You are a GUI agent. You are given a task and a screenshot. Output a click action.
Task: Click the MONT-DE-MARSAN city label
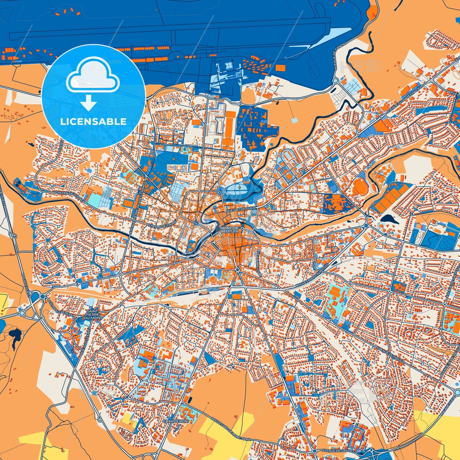(x=229, y=230)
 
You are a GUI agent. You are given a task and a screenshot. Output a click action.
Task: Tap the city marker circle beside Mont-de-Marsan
(x=242, y=228)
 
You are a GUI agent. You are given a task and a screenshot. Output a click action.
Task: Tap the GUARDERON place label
(x=175, y=421)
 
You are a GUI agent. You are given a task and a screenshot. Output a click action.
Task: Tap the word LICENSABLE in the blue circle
(x=93, y=121)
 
